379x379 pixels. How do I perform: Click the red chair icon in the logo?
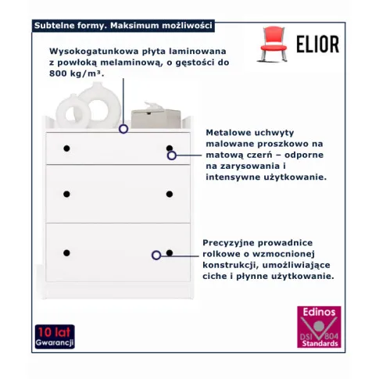pos(273,44)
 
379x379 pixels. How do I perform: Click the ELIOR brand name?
pos(317,44)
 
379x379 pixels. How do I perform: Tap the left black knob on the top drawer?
pos(66,148)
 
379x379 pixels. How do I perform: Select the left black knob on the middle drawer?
pos(66,194)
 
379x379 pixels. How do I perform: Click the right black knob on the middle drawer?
pos(170,194)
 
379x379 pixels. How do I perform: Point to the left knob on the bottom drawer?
pos(66,253)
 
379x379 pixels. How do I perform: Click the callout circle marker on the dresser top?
pos(123,129)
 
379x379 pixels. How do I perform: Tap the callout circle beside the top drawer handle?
pos(172,156)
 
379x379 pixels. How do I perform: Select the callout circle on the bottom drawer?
pos(156,256)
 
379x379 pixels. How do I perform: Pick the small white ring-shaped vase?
pos(73,112)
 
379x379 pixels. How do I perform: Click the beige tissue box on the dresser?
pos(156,116)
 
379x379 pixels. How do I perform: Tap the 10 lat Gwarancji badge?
pos(55,337)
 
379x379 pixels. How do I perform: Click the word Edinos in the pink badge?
pos(319,312)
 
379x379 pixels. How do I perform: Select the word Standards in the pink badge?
pos(320,343)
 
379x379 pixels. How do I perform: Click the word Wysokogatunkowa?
pos(94,52)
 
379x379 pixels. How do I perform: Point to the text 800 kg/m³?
pos(77,73)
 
